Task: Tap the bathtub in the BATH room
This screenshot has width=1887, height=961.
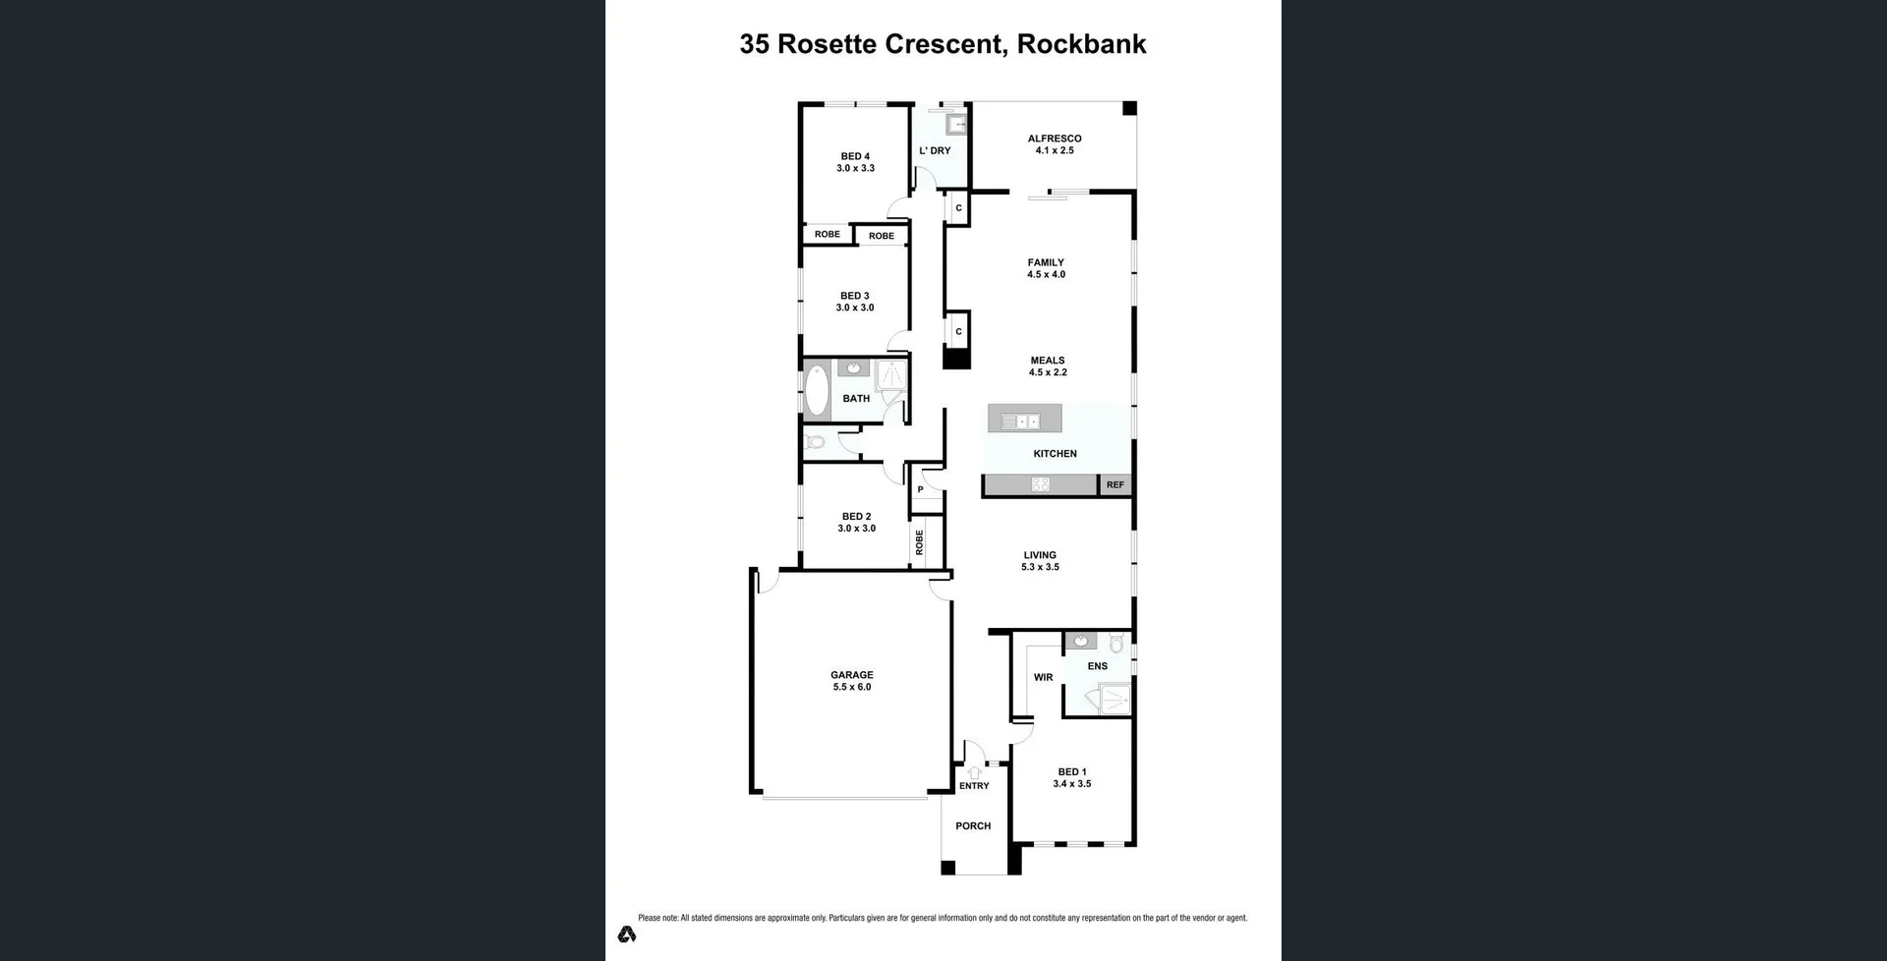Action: pyautogui.click(x=817, y=391)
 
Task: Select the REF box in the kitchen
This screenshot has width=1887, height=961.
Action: pyautogui.click(x=1115, y=484)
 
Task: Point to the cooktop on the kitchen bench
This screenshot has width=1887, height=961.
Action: pyautogui.click(x=1041, y=484)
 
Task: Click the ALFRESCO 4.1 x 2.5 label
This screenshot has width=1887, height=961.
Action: pyautogui.click(x=1055, y=144)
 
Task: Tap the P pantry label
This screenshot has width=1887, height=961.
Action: pyautogui.click(x=920, y=489)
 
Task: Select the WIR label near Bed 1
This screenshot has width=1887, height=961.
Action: pyautogui.click(x=1043, y=677)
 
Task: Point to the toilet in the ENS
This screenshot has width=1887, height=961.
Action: pyautogui.click(x=1115, y=644)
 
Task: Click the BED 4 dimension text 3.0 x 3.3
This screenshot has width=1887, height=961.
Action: pyautogui.click(x=855, y=168)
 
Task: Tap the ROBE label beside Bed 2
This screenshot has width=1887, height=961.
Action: pyautogui.click(x=920, y=542)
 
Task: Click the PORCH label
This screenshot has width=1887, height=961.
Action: pyautogui.click(x=973, y=825)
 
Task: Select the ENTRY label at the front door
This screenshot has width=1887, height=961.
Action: pyautogui.click(x=974, y=785)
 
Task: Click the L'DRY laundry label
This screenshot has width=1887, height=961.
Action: pyautogui.click(x=935, y=150)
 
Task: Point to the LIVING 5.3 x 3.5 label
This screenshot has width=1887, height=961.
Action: pyautogui.click(x=1040, y=561)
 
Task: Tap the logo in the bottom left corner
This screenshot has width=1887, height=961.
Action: pyautogui.click(x=627, y=933)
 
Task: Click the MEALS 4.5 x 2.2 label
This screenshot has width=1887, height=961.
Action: pyautogui.click(x=1048, y=367)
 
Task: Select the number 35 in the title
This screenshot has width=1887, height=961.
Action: pyautogui.click(x=754, y=44)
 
